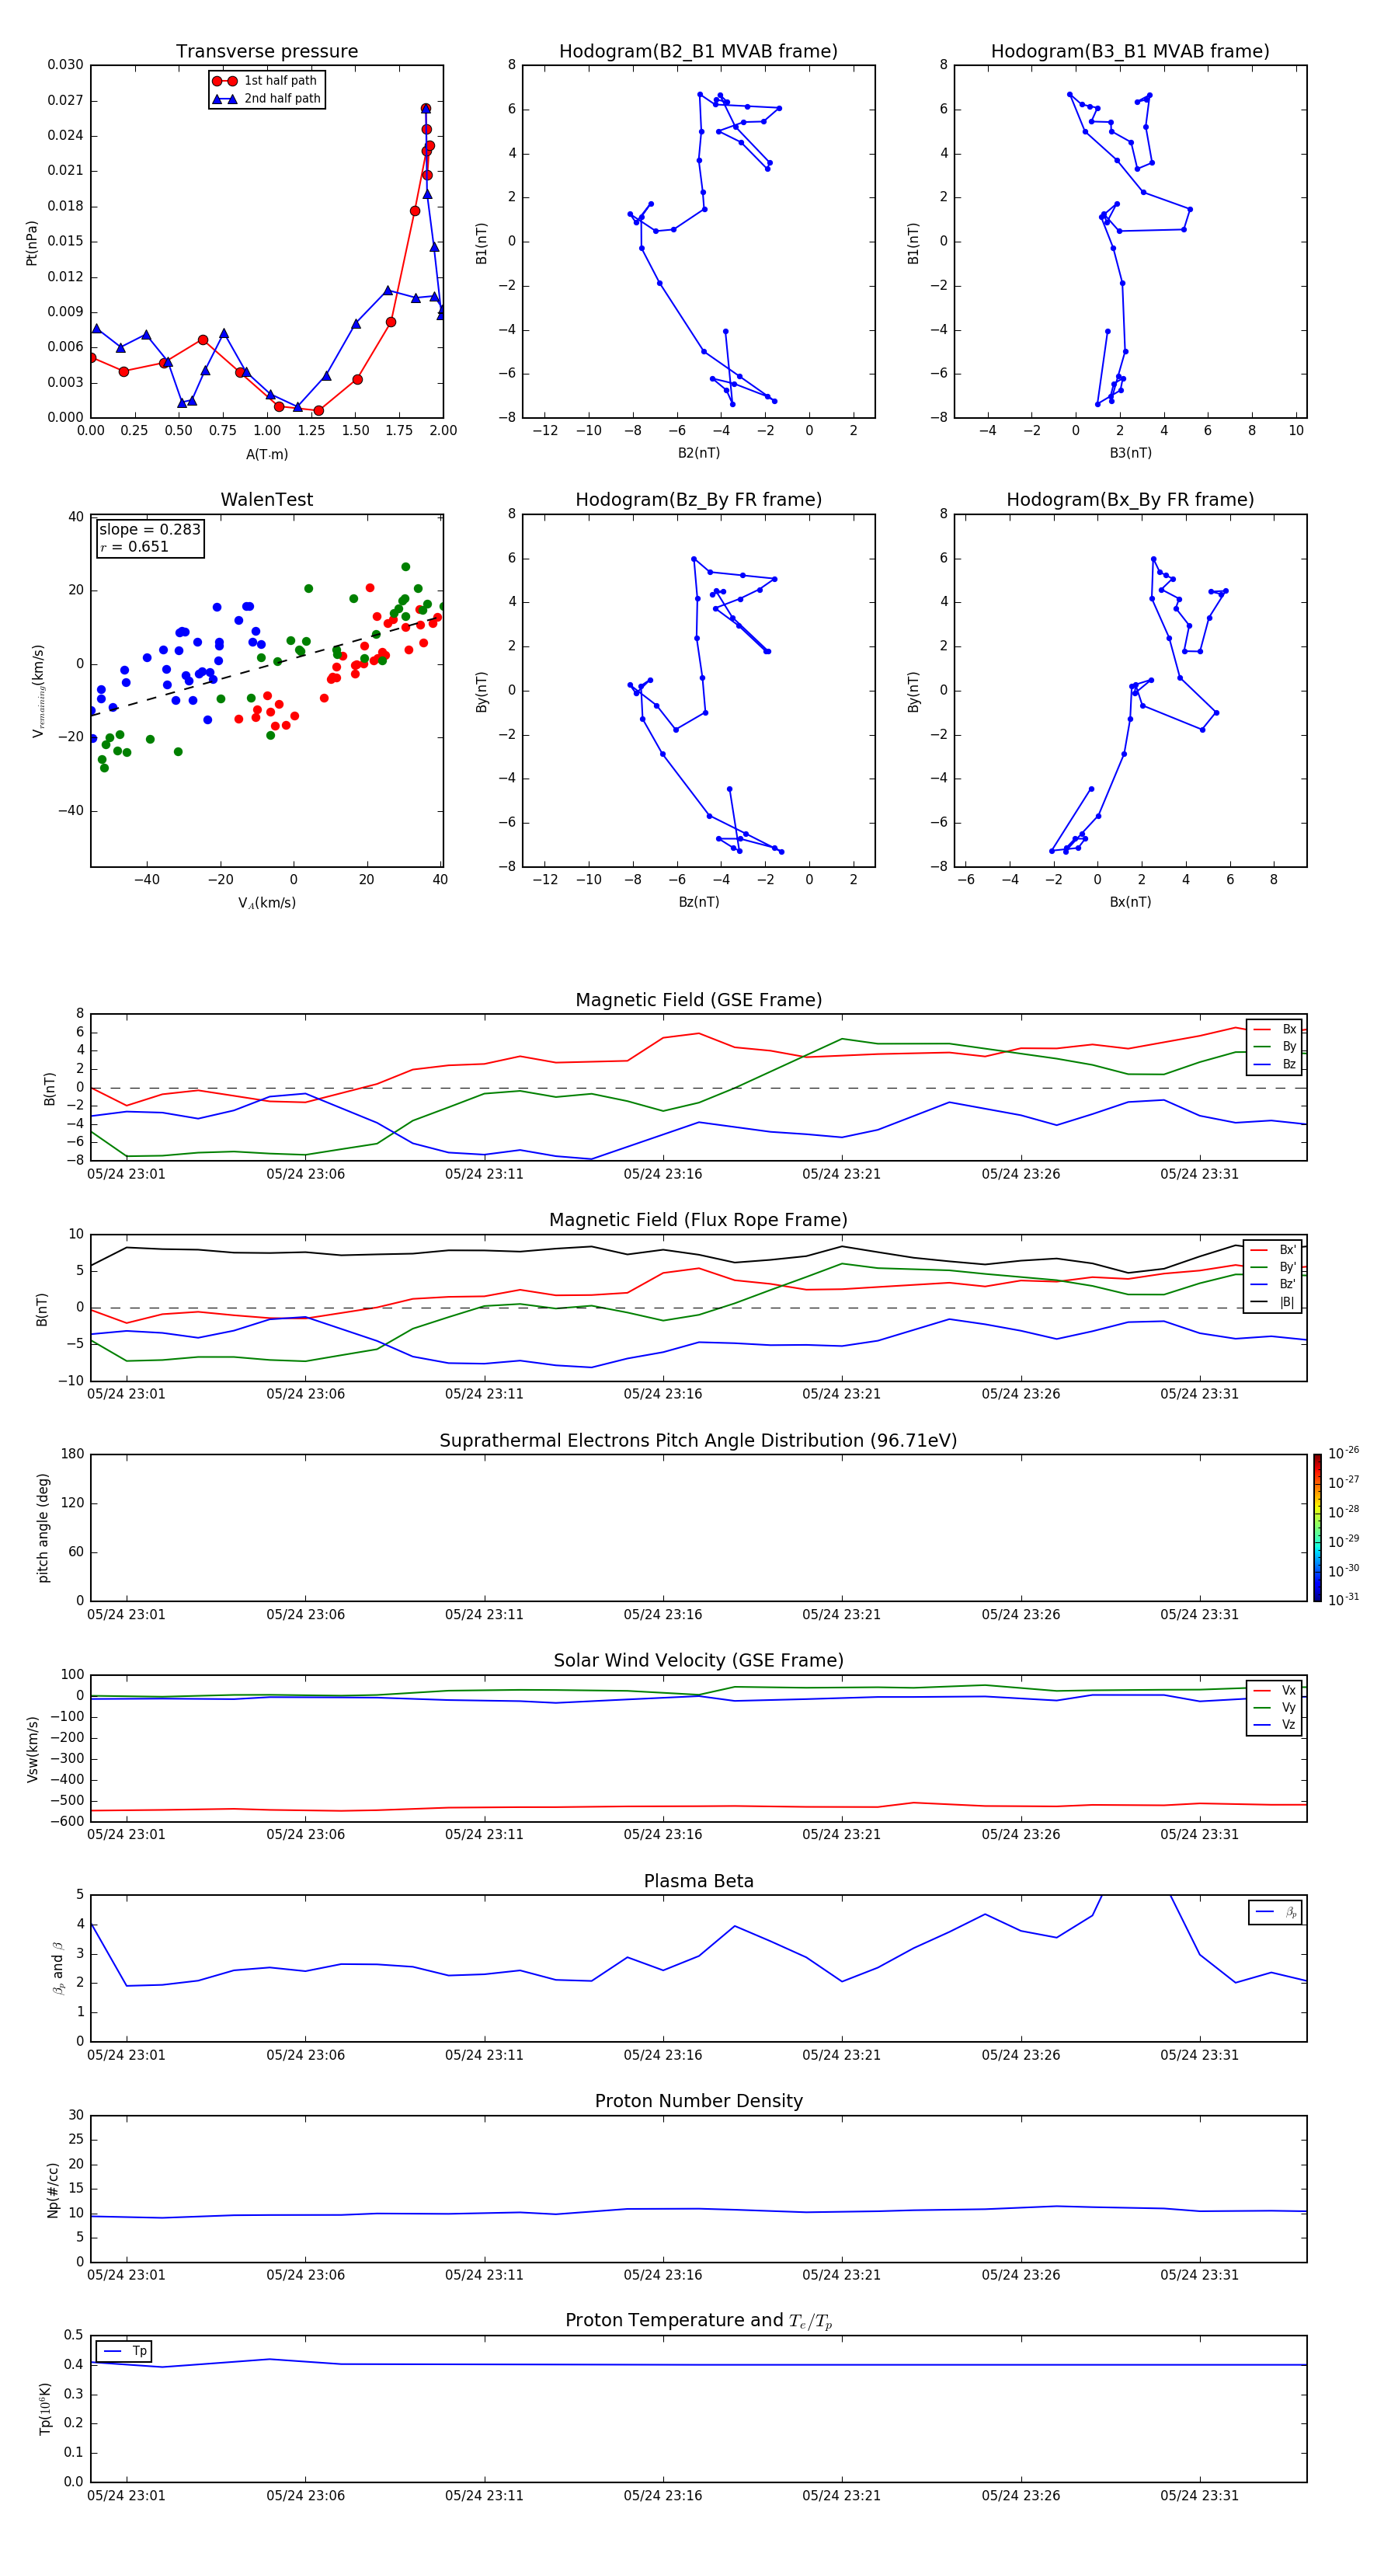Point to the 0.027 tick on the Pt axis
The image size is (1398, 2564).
click(x=66, y=100)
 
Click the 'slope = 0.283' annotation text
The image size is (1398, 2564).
click(x=149, y=530)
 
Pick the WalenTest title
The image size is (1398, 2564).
click(x=266, y=500)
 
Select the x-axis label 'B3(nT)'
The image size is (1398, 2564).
click(x=1130, y=453)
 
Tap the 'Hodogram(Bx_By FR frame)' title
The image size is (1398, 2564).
click(x=1129, y=500)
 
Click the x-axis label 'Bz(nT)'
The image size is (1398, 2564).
click(x=698, y=902)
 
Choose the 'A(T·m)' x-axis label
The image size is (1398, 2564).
click(x=266, y=455)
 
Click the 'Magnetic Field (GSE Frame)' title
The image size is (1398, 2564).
click(x=698, y=1000)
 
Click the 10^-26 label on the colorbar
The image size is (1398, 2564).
click(x=1344, y=1453)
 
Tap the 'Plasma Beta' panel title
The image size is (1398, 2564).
click(x=698, y=1881)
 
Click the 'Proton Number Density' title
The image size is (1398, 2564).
click(x=698, y=2101)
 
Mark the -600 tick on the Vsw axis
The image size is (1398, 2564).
click(x=68, y=1821)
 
